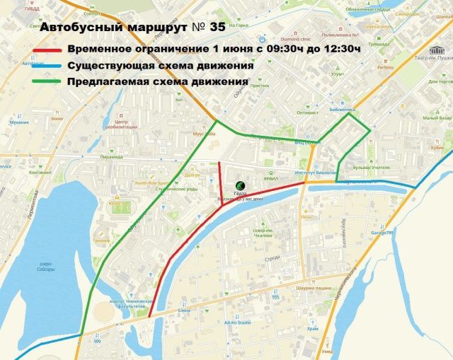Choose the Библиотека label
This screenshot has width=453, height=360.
click(x=343, y=111)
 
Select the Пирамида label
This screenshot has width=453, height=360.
click(x=111, y=156)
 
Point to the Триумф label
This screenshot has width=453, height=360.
click(x=102, y=240)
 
